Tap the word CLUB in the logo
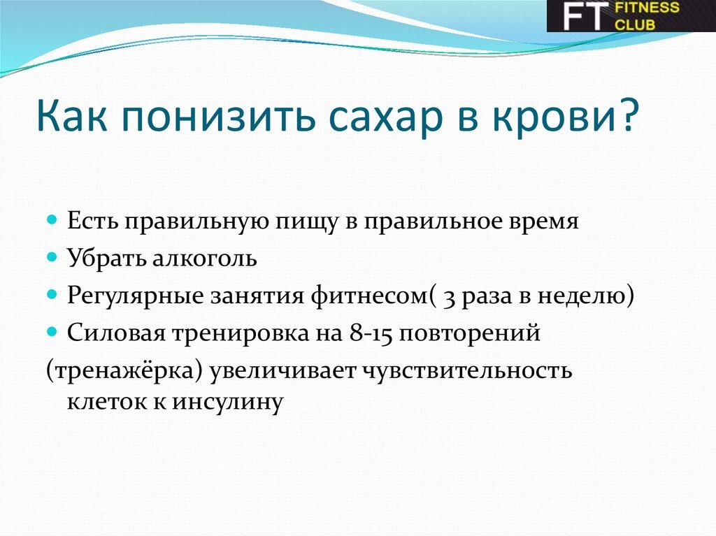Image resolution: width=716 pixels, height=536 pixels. coord(636,24)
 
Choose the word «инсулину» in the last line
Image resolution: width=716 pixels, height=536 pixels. coord(227,403)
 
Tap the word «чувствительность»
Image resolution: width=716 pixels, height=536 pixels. coord(466,371)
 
